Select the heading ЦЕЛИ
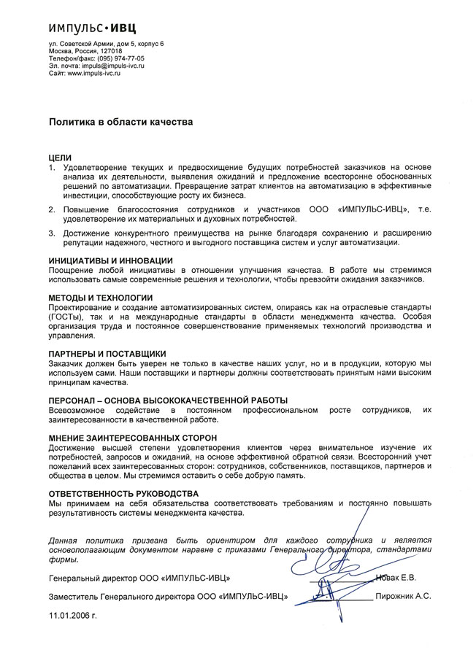[x=60, y=158]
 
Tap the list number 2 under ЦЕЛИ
[x=52, y=209]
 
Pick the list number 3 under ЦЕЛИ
[x=52, y=233]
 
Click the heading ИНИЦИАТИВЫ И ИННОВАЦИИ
[x=111, y=260]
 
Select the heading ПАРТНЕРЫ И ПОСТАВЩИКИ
[x=107, y=353]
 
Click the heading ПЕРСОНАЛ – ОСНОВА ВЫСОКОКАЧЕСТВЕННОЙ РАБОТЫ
[x=168, y=400]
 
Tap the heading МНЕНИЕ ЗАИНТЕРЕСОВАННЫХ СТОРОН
[x=134, y=437]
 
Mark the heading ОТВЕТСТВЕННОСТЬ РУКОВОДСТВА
[x=123, y=494]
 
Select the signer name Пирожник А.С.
[x=402, y=597]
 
